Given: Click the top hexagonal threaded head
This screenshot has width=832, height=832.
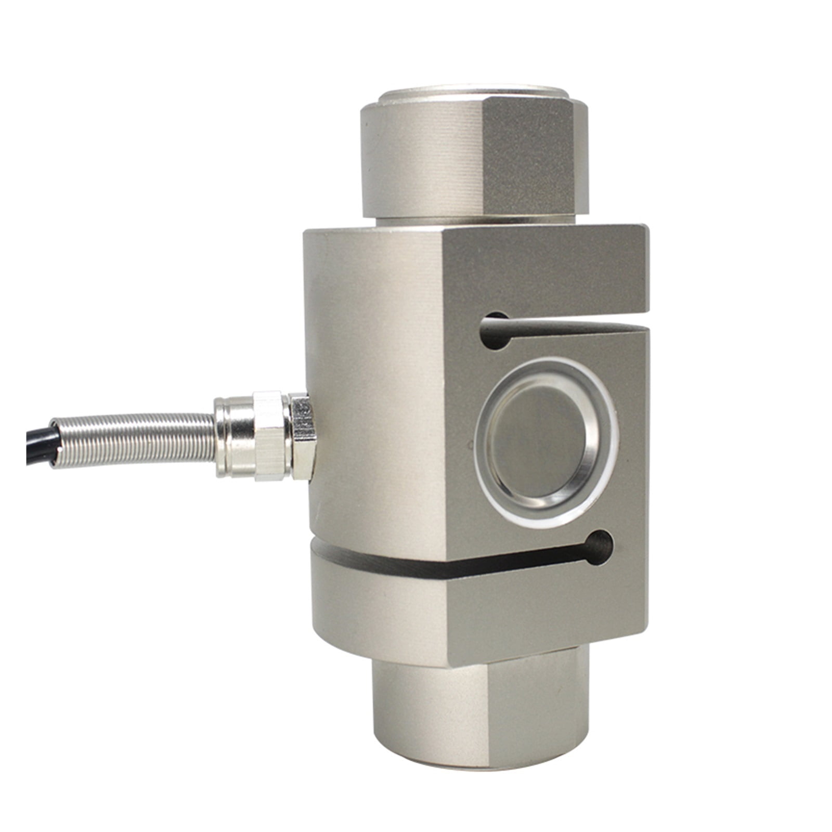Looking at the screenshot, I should pos(468,156).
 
